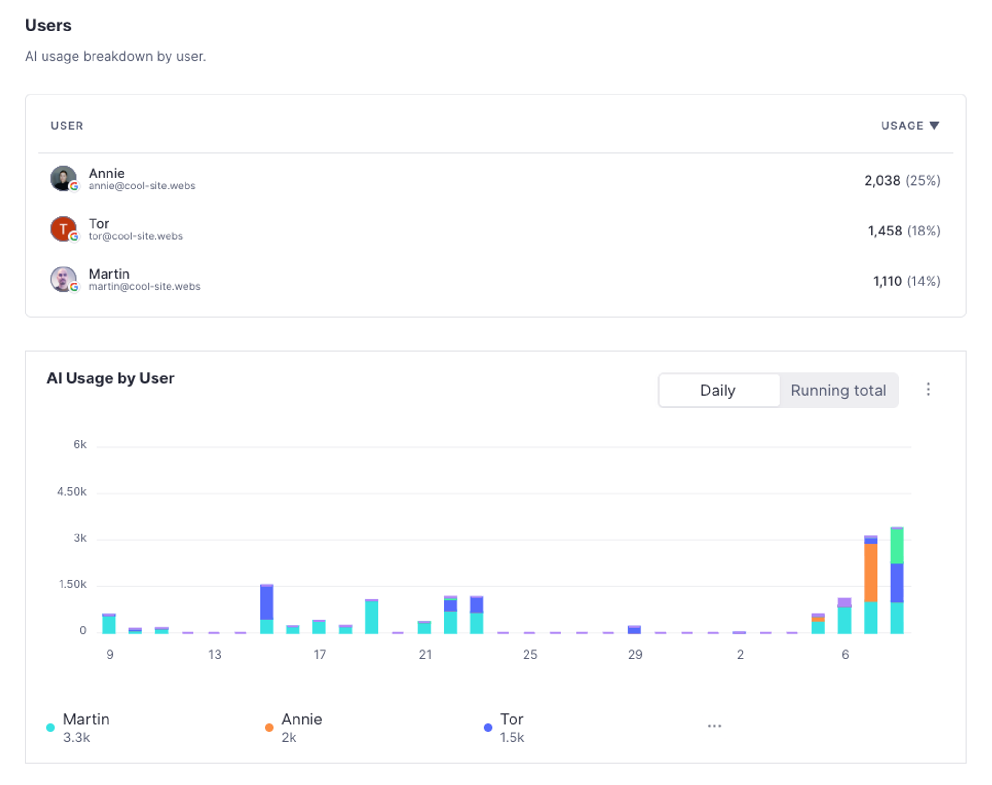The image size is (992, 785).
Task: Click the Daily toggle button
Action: point(718,390)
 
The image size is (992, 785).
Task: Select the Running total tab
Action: point(838,390)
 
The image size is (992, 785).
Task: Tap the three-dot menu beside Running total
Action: point(928,389)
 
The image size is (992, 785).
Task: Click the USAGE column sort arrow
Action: point(934,126)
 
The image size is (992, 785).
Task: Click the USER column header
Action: point(67,126)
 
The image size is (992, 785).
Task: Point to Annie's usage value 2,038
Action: point(882,181)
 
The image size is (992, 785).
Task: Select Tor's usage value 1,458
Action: point(884,231)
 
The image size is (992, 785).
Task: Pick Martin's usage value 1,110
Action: point(887,282)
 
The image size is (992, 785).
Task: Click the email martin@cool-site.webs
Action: point(144,286)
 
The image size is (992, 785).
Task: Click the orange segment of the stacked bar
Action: point(870,573)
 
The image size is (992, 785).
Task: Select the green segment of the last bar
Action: point(897,546)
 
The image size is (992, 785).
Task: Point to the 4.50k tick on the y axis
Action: point(72,492)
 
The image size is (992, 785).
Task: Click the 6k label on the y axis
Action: point(80,444)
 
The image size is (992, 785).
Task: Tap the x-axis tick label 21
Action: point(425,655)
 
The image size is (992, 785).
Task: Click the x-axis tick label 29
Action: point(635,655)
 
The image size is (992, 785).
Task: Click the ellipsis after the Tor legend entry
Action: point(714,726)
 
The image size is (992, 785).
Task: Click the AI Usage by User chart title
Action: point(110,378)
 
